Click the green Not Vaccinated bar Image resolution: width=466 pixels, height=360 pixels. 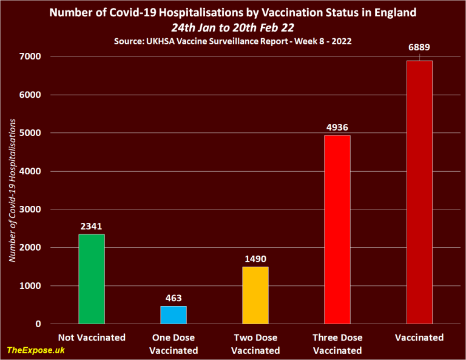(92, 279)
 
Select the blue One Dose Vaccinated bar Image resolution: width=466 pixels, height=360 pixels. (174, 315)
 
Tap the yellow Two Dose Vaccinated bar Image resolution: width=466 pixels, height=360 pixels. (255, 296)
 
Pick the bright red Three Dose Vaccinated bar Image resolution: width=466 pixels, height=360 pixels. (337, 229)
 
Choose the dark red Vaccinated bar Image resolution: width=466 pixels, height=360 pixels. (419, 192)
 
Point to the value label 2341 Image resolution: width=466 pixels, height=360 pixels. (92, 225)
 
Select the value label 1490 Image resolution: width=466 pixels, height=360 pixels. (255, 258)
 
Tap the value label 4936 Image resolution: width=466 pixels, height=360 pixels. (337, 126)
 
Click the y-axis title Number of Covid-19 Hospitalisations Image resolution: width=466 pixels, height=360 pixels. (13, 190)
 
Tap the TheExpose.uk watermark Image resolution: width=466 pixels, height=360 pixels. (36, 350)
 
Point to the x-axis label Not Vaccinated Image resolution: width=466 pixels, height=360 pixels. (92, 338)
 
